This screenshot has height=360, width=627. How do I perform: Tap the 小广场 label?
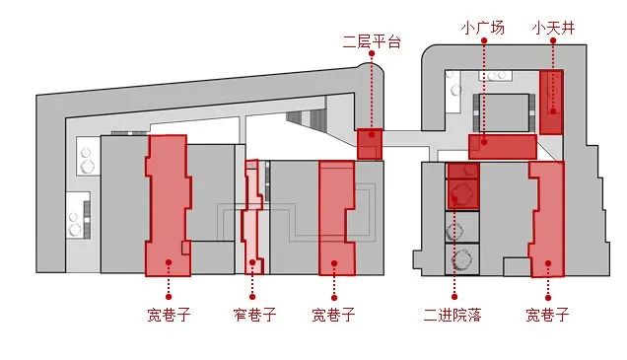pyautogui.click(x=483, y=28)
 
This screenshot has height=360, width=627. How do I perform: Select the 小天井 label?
pyautogui.click(x=553, y=28)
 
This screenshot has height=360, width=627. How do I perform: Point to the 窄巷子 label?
pyautogui.click(x=254, y=316)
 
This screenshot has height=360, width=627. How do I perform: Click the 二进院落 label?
pyautogui.click(x=453, y=316)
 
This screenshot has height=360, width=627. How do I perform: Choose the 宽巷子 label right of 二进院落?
pyautogui.click(x=547, y=316)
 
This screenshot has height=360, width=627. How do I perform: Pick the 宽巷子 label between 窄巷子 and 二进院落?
pyautogui.click(x=333, y=316)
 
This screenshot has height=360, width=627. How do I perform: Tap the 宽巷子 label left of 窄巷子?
pyautogui.click(x=168, y=316)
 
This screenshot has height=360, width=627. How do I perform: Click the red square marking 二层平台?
pyautogui.click(x=369, y=144)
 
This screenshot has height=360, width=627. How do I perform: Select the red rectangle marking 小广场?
pyautogui.click(x=503, y=147)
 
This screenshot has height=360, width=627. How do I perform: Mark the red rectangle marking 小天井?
pyautogui.click(x=551, y=102)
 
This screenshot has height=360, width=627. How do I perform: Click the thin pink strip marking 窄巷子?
pyautogui.click(x=253, y=217)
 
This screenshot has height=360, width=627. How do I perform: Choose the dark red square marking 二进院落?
pyautogui.click(x=462, y=185)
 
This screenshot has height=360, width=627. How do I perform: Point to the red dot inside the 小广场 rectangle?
pyautogui.click(x=483, y=141)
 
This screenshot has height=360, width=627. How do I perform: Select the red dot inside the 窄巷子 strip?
pyautogui.click(x=253, y=262)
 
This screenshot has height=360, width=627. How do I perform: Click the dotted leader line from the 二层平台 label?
pyautogui.click(x=371, y=89)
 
